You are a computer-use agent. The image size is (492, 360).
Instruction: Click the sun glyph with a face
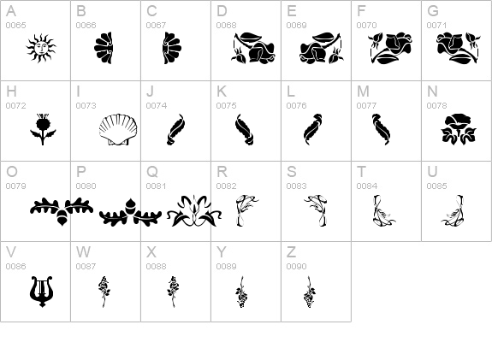pyautogui.click(x=41, y=48)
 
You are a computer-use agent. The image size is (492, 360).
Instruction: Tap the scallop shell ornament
pyautogui.click(x=118, y=129)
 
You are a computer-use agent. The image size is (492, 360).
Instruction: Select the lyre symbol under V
pyautogui.click(x=41, y=292)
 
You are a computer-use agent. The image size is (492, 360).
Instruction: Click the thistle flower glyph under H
pyautogui.click(x=43, y=129)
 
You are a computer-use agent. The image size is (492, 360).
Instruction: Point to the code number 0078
pyautogui.click(x=436, y=106)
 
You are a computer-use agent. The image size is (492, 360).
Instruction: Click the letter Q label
pyautogui.click(x=152, y=172)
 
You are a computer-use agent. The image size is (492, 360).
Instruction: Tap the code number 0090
pyautogui.click(x=297, y=266)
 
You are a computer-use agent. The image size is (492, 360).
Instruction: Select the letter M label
pyautogui.click(x=363, y=91)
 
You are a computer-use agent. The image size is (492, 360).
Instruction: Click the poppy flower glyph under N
pyautogui.click(x=459, y=129)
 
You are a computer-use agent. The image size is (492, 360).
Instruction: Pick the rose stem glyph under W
pyautogui.click(x=104, y=292)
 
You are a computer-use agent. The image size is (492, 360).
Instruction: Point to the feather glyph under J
pyautogui.click(x=175, y=129)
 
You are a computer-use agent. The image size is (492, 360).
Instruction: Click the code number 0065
pyautogui.click(x=16, y=25)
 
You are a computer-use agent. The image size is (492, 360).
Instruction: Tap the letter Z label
pyautogui.click(x=291, y=252)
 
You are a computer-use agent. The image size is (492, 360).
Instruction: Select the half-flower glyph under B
pyautogui.click(x=104, y=48)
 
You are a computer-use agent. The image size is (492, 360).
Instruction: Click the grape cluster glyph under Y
pyautogui.click(x=241, y=292)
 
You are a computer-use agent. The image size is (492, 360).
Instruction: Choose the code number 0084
pyautogui.click(x=367, y=186)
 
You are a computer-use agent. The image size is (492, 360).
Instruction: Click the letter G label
pyautogui.click(x=433, y=11)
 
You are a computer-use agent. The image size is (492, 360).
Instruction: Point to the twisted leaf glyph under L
pyautogui.click(x=312, y=129)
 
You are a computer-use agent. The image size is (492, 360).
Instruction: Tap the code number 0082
pyautogui.click(x=226, y=186)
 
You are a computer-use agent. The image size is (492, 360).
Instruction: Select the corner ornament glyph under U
pyautogui.click(x=453, y=210)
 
